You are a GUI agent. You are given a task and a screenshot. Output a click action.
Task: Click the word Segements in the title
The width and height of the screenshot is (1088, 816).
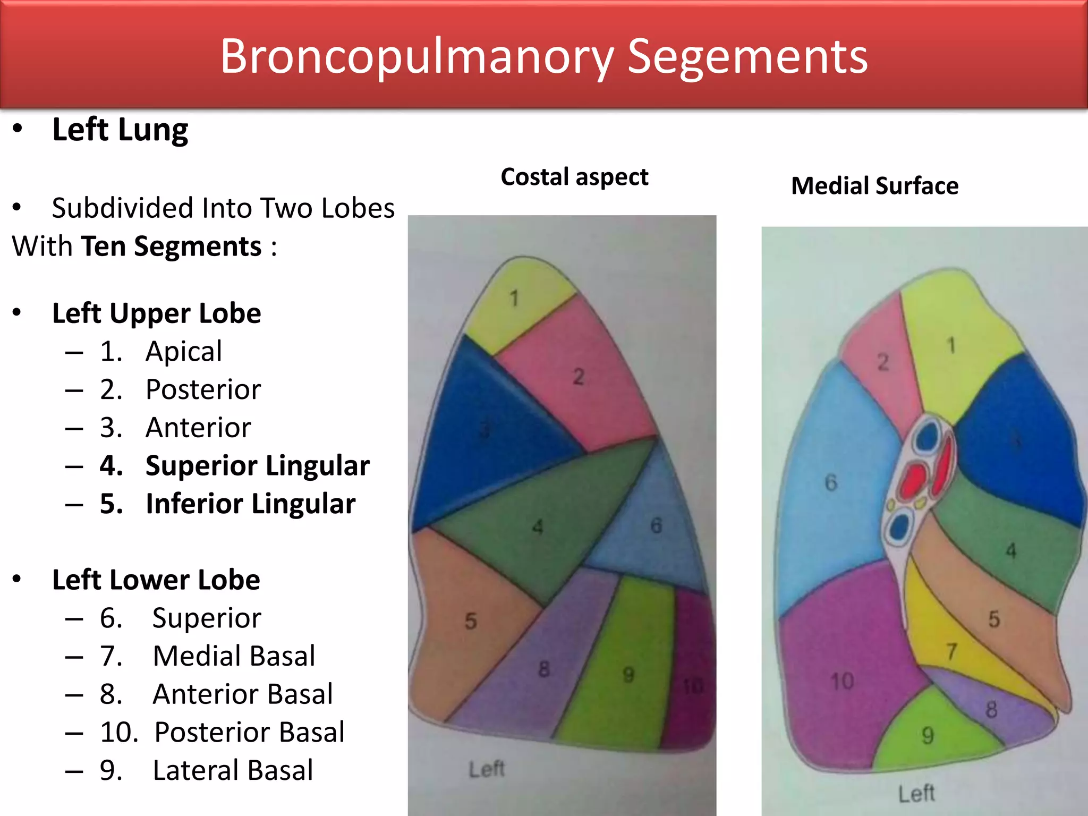747,57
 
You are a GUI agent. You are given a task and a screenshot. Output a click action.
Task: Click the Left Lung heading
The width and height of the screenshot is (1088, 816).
120,130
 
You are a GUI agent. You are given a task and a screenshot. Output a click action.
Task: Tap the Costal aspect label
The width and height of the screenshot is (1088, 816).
574,177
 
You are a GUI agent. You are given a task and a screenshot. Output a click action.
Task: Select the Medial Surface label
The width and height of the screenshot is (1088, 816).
874,186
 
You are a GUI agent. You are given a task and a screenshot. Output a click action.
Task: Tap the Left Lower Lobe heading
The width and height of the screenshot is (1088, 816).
156,580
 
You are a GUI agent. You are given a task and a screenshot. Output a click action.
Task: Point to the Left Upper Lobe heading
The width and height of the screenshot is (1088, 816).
156,313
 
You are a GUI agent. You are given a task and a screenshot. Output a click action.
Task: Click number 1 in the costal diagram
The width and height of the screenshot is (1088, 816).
514,299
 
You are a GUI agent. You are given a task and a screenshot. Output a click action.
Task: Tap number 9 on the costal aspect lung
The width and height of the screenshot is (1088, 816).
628,675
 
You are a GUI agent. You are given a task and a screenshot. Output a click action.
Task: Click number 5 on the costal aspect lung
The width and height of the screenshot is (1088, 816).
471,621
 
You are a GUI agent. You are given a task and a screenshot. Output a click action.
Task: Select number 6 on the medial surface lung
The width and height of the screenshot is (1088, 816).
831,483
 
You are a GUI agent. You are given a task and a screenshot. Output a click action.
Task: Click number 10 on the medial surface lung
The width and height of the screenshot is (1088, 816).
842,681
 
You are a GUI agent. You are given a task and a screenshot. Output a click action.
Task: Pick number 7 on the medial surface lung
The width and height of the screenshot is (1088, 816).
951,651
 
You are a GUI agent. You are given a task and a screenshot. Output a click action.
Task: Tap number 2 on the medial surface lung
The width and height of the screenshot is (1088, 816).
883,362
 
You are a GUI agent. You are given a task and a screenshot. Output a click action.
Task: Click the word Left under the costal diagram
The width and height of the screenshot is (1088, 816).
486,769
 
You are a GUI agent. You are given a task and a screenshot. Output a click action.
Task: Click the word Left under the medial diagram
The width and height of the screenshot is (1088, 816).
916,794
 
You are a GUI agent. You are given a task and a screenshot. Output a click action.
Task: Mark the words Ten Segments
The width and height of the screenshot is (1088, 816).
172,247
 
